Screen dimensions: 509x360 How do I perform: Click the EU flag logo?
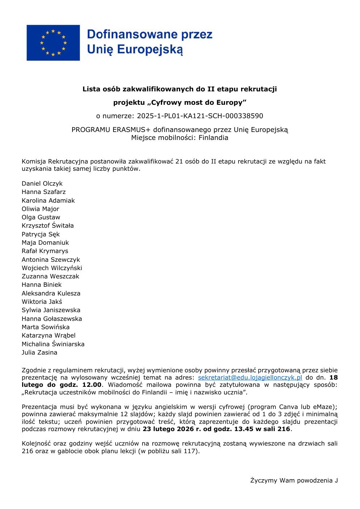[53, 43]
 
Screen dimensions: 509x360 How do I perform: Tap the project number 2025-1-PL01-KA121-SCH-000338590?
[200, 116]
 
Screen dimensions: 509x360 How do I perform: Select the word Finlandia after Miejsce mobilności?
[213, 138]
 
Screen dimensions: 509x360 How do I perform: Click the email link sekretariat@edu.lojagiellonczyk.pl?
[250, 377]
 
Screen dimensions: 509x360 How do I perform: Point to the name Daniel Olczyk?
[42, 183]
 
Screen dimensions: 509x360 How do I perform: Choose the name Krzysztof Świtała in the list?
[47, 225]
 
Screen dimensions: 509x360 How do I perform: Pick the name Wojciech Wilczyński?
[52, 268]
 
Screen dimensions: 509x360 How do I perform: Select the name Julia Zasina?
[40, 352]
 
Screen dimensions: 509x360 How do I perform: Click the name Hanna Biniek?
[42, 285]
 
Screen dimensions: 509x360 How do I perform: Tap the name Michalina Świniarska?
[53, 344]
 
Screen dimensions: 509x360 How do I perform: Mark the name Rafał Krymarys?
[45, 251]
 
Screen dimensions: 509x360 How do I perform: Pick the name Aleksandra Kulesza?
[51, 293]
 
